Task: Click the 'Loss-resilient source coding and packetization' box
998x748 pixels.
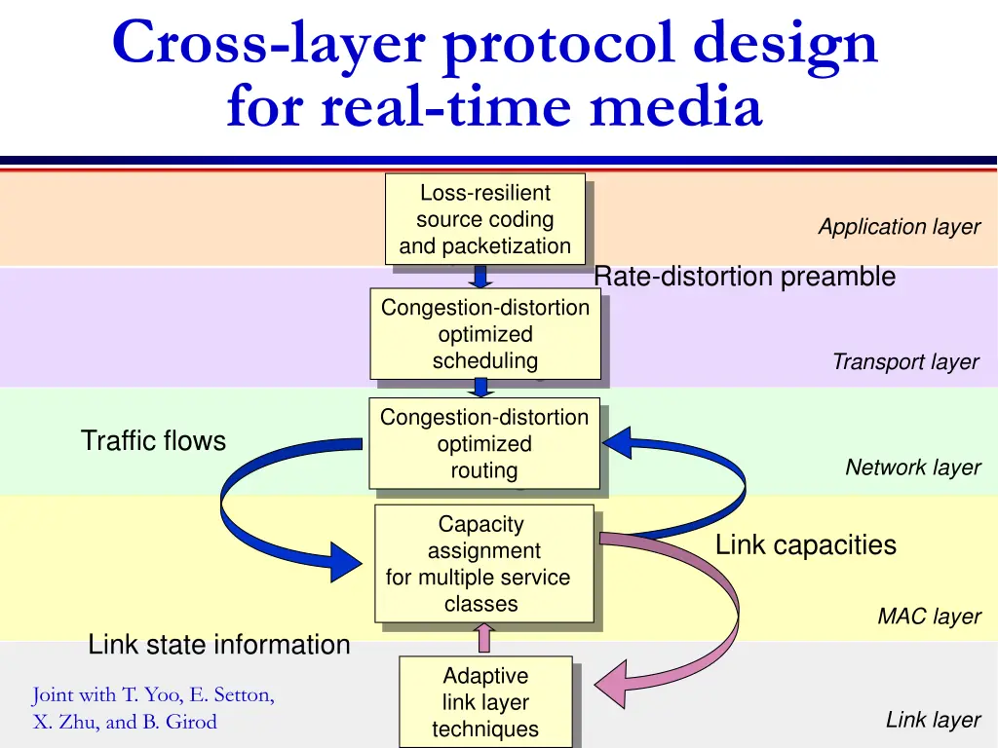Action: coord(484,219)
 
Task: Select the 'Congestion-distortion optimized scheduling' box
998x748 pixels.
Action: coord(484,334)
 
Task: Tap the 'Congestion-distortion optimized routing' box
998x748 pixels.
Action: coord(483,443)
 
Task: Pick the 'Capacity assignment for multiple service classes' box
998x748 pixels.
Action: coord(483,564)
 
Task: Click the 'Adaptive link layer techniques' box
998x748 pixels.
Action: coord(484,702)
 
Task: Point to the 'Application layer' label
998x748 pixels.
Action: coord(899,227)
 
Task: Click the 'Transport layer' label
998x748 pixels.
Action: coord(904,362)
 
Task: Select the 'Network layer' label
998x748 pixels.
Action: coord(912,467)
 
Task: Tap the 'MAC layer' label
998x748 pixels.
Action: coord(928,617)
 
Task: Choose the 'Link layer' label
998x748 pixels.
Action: coord(932,720)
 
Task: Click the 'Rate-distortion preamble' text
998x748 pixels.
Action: coord(744,278)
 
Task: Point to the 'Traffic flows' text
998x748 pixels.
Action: coord(153,441)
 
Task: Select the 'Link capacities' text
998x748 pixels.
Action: coord(805,545)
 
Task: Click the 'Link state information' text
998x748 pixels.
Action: coord(218,645)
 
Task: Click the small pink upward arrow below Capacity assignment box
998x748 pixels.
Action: coord(484,638)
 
